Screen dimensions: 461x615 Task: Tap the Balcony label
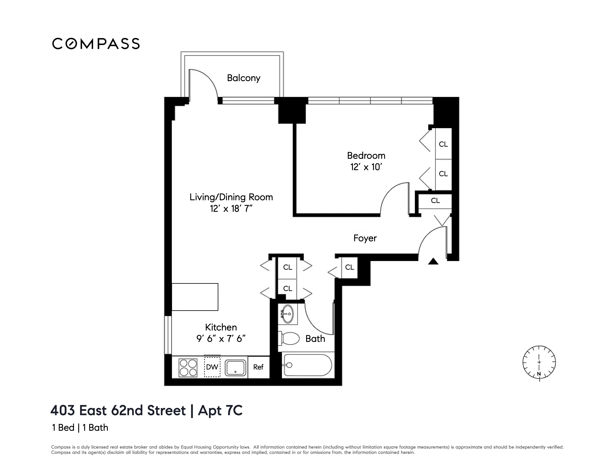tap(243, 78)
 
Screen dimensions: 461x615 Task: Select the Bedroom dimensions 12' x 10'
tap(366, 167)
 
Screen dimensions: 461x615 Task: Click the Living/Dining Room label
tap(231, 197)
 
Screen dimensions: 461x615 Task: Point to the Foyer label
tap(365, 238)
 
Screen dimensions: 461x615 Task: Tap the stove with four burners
tap(188, 368)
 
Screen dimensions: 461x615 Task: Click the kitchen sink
tap(235, 368)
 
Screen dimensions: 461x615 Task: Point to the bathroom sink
tap(287, 314)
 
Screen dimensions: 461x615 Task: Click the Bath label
tap(315, 339)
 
